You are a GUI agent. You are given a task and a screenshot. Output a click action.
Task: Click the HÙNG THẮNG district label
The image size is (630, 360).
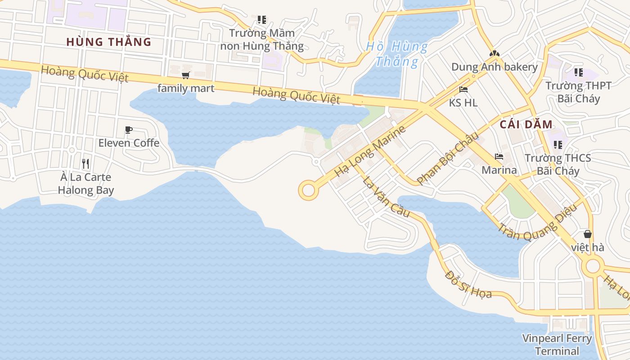click(108, 42)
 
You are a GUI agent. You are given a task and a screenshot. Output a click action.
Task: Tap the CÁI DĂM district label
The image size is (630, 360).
click(526, 125)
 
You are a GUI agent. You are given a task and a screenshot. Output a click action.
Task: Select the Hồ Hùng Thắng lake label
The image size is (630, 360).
click(396, 54)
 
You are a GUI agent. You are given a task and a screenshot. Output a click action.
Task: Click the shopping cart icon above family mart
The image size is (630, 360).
click(185, 75)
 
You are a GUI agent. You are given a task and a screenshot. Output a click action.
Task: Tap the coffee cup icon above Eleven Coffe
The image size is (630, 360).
click(129, 130)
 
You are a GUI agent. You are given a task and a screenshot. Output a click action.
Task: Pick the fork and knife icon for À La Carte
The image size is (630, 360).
click(85, 164)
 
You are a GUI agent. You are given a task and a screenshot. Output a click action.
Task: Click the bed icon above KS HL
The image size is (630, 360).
click(463, 90)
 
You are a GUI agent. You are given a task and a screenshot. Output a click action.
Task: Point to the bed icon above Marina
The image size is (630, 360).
click(499, 157)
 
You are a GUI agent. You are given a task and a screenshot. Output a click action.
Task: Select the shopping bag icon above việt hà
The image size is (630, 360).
click(587, 234)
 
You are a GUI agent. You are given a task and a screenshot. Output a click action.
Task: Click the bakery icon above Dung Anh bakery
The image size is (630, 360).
click(495, 54)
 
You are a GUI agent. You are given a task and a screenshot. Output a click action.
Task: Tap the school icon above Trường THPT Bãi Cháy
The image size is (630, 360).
click(578, 72)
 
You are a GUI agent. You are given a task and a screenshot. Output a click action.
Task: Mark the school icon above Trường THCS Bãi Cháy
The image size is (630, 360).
click(558, 145)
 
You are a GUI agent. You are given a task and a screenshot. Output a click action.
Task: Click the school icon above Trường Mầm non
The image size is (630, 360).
click(261, 20)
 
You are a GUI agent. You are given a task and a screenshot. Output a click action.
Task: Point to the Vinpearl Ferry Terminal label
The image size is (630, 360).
click(557, 344)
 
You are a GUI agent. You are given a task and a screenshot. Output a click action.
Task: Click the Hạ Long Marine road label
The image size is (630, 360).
click(370, 151)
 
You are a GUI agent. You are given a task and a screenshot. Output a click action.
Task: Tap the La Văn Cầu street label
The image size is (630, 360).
click(386, 197)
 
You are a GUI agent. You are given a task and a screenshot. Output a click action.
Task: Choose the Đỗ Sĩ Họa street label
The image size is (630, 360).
click(468, 284)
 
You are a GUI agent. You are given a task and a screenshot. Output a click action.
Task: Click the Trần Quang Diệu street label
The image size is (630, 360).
click(537, 225)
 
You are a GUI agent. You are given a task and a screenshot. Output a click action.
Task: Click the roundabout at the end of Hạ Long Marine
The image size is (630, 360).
click(308, 190)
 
